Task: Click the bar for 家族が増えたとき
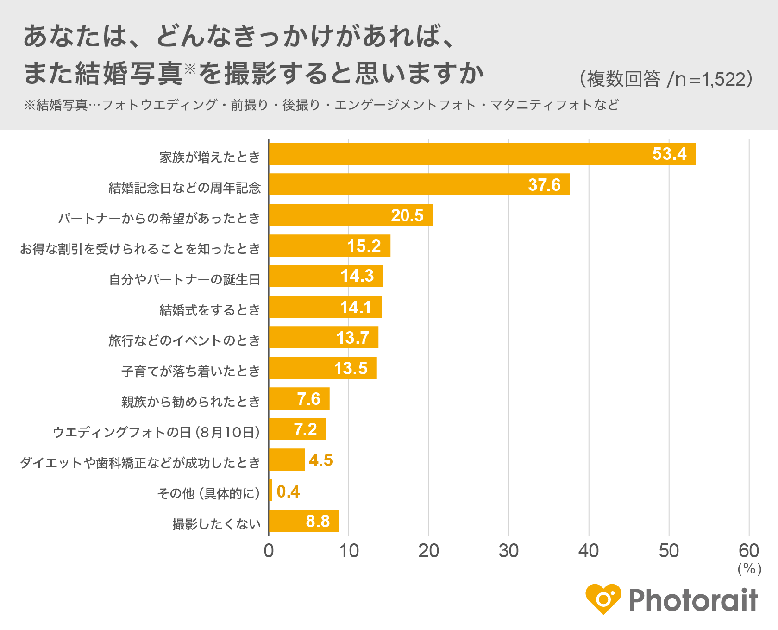pos(482,154)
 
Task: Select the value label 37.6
pos(544,185)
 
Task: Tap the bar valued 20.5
pos(351,215)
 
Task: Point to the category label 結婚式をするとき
pos(210,310)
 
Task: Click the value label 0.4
pos(288,491)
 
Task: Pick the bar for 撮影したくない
pos(304,521)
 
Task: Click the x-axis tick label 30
pos(508,551)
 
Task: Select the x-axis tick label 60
pos(748,551)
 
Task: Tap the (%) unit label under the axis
pos(749,569)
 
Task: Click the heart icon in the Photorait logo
pos(603,599)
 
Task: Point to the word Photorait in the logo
pos(693,600)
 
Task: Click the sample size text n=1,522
pos(709,80)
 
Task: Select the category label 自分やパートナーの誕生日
pos(184,280)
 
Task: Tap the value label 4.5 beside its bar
pos(321,460)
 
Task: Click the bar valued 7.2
pos(297,429)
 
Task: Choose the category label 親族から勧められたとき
pos(191,402)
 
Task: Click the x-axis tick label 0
pos(269,551)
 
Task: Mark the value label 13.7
pos(352,338)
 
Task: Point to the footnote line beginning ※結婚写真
pos(321,105)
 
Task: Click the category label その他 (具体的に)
pos(208,493)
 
